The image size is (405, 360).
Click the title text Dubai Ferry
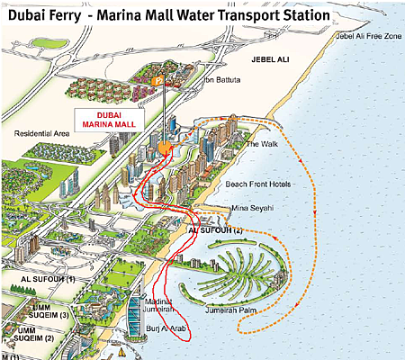(x=46, y=15)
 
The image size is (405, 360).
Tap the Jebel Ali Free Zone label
(x=366, y=36)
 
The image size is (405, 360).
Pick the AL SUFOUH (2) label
(x=215, y=231)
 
